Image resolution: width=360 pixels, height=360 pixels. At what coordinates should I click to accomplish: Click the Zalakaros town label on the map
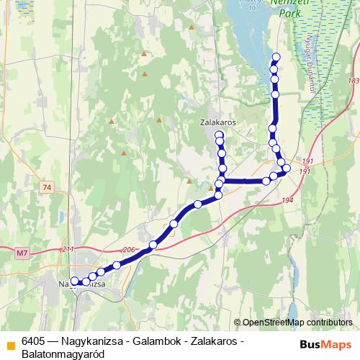(x=217, y=123)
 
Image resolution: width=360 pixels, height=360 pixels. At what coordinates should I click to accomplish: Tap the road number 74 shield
(x=48, y=188)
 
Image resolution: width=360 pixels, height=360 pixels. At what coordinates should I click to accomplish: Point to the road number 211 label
(x=68, y=249)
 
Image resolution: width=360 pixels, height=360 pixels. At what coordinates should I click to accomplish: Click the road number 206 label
(x=130, y=249)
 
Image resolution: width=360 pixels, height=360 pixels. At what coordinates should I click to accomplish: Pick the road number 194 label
(x=288, y=200)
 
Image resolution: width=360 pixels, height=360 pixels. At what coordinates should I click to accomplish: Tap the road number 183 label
(x=351, y=81)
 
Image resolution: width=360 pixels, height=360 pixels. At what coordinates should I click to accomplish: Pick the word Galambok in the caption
(x=145, y=341)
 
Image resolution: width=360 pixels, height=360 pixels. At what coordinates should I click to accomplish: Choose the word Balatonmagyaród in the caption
(x=63, y=354)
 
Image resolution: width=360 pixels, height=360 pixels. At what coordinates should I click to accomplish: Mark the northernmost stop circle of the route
(x=275, y=57)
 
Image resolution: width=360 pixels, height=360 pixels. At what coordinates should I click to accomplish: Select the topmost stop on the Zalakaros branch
(x=219, y=134)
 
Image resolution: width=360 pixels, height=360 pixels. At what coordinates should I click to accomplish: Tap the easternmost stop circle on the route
(x=287, y=168)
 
